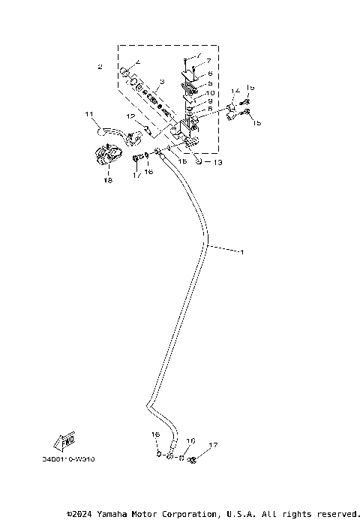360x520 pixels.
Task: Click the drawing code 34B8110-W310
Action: point(73,458)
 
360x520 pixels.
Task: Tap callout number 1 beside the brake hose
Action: point(241,252)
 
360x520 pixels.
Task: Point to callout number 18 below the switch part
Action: point(108,181)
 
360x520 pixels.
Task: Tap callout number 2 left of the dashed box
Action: point(100,67)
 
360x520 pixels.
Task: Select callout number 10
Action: point(211,93)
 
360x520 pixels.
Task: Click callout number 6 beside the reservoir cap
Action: point(211,74)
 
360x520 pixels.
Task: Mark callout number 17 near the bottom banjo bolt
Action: point(214,446)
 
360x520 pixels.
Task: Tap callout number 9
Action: point(211,101)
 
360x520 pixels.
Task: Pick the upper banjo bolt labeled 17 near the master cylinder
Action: point(138,158)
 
